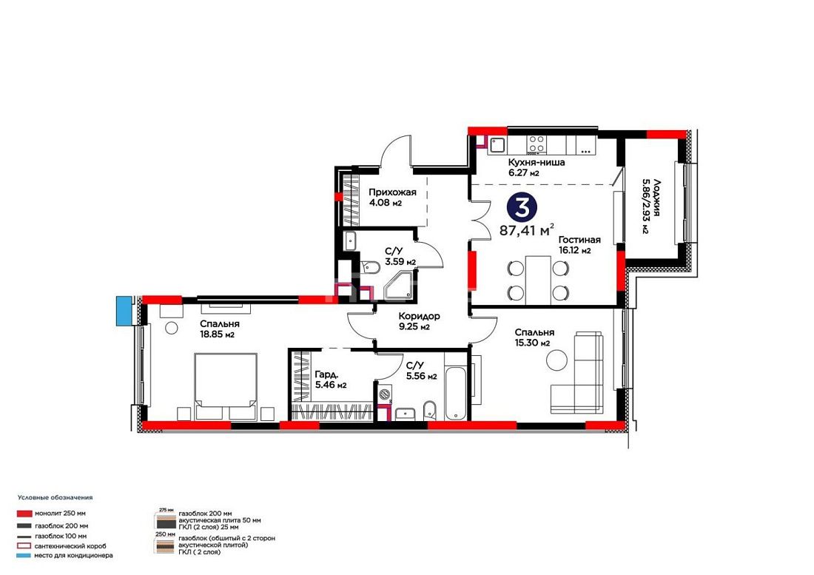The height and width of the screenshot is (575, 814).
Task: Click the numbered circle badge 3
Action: click(x=522, y=206)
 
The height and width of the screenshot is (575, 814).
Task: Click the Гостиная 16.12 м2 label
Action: click(x=579, y=245)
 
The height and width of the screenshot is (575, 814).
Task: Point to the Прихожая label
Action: click(x=392, y=192)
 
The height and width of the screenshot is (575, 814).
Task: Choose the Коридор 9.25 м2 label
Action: click(x=419, y=321)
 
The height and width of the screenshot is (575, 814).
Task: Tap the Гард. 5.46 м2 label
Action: click(x=331, y=380)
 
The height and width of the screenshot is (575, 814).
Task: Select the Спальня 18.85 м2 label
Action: click(x=220, y=329)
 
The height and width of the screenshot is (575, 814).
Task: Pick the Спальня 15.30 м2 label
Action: click(x=534, y=337)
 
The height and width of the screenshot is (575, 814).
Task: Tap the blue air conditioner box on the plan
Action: click(x=124, y=311)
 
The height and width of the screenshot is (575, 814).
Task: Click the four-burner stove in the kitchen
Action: click(x=536, y=144)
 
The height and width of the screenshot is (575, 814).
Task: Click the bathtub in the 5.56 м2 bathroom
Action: click(x=456, y=393)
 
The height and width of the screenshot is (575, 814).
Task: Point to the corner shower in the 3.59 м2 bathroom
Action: click(x=399, y=286)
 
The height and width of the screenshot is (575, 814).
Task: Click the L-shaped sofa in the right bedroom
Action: click(x=577, y=372)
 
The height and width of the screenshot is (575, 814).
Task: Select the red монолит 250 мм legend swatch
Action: click(x=25, y=514)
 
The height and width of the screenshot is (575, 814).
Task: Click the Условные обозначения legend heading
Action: click(x=55, y=497)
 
